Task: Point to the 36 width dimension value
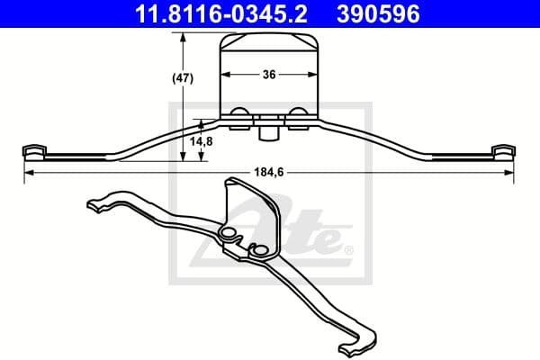pyautogui.click(x=267, y=76)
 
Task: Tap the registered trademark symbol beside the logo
pyautogui.click(x=348, y=249)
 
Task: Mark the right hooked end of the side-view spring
pyautogui.click(x=505, y=150)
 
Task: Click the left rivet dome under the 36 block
pyautogui.click(x=240, y=113)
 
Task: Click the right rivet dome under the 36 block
pyautogui.click(x=298, y=113)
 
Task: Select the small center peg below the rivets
pyautogui.click(x=267, y=132)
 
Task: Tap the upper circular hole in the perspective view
pyautogui.click(x=229, y=235)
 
